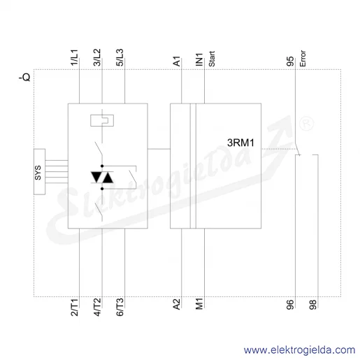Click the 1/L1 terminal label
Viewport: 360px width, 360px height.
coord(74,57)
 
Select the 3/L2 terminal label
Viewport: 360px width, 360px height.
coord(97,57)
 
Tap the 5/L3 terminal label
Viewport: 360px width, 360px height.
coord(120,57)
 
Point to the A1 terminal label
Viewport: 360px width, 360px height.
coord(177,61)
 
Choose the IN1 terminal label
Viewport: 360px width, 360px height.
coord(199,59)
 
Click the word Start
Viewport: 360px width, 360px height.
coord(212,59)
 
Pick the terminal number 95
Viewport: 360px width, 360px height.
coord(290,62)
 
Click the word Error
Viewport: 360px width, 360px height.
coord(303,59)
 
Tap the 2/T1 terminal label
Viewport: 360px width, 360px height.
coord(74,308)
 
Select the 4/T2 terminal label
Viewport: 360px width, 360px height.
coord(97,308)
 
